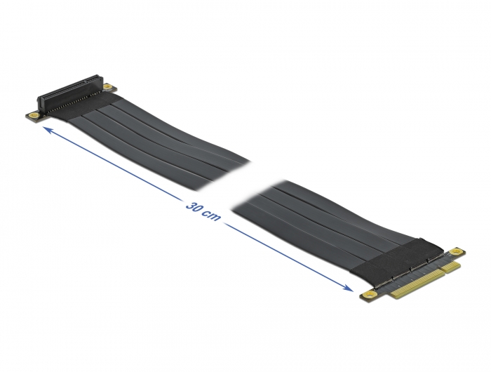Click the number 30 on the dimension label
tap(193, 207)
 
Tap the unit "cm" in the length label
tap(212, 217)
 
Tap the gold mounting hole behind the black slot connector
tap(107, 86)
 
